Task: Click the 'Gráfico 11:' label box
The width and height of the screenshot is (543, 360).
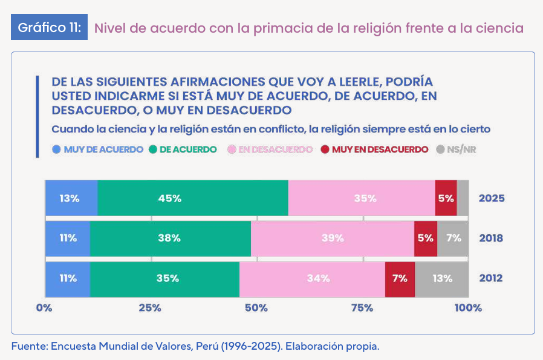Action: coord(50,28)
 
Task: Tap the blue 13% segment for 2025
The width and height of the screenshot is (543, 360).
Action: coord(71,198)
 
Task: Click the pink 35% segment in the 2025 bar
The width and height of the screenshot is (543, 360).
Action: coord(361,198)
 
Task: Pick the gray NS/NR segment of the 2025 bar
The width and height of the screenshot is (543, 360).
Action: coord(462,198)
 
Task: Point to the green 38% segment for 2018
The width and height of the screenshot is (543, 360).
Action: coord(170,238)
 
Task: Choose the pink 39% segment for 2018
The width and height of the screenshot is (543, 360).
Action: coord(332,238)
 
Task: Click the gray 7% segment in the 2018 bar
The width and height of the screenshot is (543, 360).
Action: coord(452,238)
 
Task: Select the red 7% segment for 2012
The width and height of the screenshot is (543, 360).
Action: coord(400,279)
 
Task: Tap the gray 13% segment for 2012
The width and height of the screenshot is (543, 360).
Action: coord(441,279)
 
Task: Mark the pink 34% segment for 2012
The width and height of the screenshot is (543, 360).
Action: coord(312,279)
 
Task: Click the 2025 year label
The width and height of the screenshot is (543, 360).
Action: coord(491,198)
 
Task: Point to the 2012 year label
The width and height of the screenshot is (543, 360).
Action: coord(491,279)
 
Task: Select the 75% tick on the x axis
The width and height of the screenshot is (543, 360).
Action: coord(362,308)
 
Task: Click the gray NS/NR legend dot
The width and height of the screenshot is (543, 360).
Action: coord(440,149)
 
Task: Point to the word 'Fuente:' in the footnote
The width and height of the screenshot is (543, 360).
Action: coord(30,347)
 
